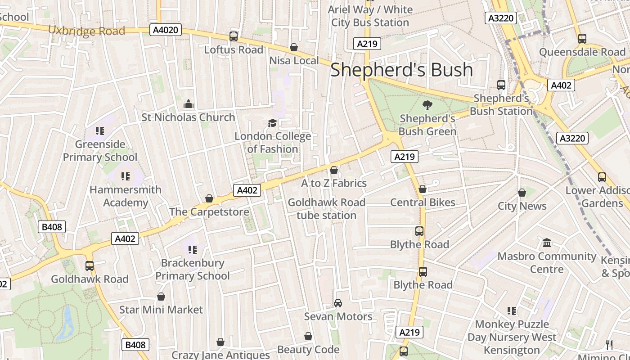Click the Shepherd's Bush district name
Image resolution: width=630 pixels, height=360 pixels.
(401, 70)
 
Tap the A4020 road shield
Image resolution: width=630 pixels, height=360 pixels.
(166, 30)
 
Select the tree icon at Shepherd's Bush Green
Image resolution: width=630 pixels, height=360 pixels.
(427, 106)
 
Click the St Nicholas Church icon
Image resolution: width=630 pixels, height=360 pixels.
(188, 104)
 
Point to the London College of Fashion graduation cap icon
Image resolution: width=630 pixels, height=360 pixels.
(272, 123)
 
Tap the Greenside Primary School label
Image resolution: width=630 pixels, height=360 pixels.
(100, 151)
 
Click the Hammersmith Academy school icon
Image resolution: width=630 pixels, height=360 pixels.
(125, 176)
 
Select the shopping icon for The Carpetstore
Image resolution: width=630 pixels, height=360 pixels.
(209, 198)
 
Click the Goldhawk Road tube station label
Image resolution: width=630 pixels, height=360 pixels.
(326, 209)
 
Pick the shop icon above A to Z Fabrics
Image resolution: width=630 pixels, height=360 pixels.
(333, 170)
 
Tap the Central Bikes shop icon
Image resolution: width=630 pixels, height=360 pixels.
(422, 189)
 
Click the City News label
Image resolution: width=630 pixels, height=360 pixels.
(522, 206)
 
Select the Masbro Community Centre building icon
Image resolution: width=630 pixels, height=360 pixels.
(547, 243)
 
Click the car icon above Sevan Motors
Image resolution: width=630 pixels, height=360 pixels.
(338, 303)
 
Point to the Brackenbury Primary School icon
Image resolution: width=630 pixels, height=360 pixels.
(193, 249)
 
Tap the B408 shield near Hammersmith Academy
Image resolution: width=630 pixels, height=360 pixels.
(52, 227)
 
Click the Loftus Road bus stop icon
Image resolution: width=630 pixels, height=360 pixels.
(234, 36)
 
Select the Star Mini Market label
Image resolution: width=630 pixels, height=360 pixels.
(161, 310)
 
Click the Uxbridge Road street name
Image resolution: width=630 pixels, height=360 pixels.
(86, 31)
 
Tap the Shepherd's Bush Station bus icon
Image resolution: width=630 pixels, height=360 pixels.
(501, 85)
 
